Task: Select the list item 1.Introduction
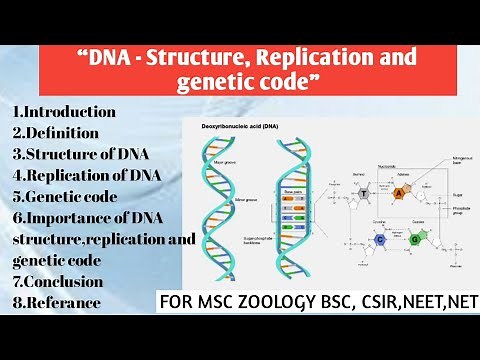(x=65, y=111)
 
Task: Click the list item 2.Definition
(x=56, y=132)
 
